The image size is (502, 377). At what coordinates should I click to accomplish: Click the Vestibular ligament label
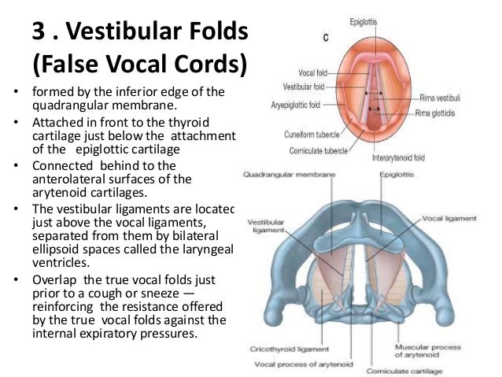264,224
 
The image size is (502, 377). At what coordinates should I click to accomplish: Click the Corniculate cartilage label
430,370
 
